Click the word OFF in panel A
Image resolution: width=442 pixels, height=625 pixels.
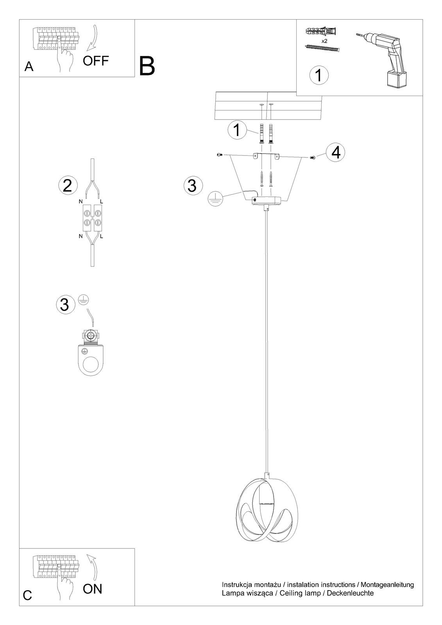coord(96,61)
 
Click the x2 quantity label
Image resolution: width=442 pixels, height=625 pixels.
coord(324,41)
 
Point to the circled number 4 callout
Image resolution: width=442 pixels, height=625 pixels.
coord(336,153)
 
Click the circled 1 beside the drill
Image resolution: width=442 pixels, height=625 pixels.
coord(319,75)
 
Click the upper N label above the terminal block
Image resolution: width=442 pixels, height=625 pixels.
coord(81,201)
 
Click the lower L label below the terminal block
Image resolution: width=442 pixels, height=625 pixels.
coord(102,236)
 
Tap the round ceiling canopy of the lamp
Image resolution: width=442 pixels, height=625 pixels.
coord(266,200)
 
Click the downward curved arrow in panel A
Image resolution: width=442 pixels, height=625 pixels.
coord(93,38)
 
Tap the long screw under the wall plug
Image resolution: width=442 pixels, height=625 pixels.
coord(322,48)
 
